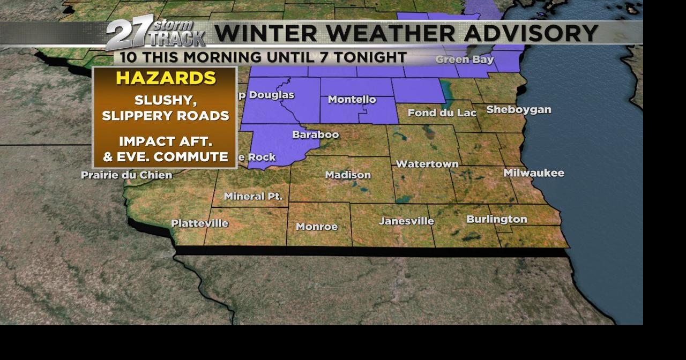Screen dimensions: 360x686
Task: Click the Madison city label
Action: click(x=348, y=175)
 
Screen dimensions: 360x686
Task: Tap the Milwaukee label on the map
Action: click(x=533, y=173)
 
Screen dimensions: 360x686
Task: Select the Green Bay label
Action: click(x=464, y=59)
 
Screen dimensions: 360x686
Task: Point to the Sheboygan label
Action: click(x=518, y=110)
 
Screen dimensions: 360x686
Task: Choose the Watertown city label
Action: click(x=427, y=164)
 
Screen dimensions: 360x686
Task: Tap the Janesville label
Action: click(x=406, y=221)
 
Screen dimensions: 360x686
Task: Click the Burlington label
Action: click(x=496, y=219)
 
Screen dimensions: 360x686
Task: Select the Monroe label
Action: click(x=317, y=227)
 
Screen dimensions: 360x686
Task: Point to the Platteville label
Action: click(x=199, y=223)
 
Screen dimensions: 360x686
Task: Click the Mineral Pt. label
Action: click(x=253, y=197)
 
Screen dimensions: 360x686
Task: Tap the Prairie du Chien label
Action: click(x=126, y=175)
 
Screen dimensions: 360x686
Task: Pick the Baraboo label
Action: click(x=315, y=134)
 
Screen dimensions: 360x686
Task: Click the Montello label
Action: click(x=352, y=100)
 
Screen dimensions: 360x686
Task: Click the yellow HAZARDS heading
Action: click(x=166, y=78)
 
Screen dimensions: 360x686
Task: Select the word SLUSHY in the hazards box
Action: click(x=162, y=101)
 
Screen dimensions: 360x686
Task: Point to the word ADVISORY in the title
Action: click(x=531, y=33)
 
